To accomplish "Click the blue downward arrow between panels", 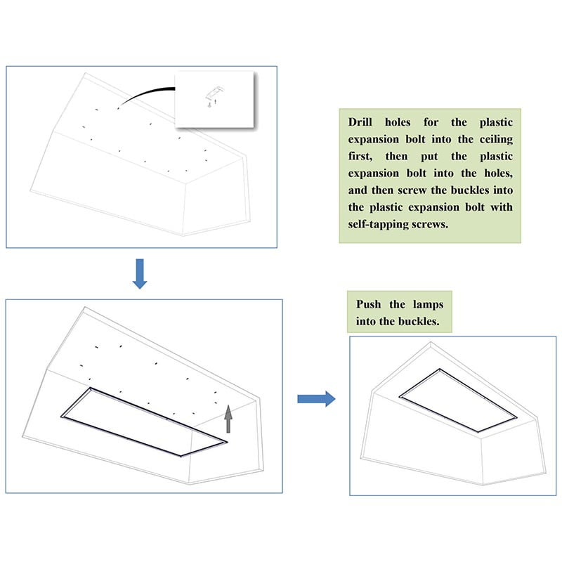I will pyautogui.click(x=140, y=273).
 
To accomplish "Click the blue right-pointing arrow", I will pyautogui.click(x=315, y=399).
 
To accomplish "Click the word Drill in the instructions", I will pyautogui.click(x=362, y=122).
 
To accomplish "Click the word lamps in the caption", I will pyautogui.click(x=429, y=305).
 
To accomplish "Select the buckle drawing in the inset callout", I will pyautogui.click(x=215, y=92).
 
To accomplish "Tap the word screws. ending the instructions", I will pyautogui.click(x=424, y=225).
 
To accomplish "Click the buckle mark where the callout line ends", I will pyautogui.click(x=119, y=108).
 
